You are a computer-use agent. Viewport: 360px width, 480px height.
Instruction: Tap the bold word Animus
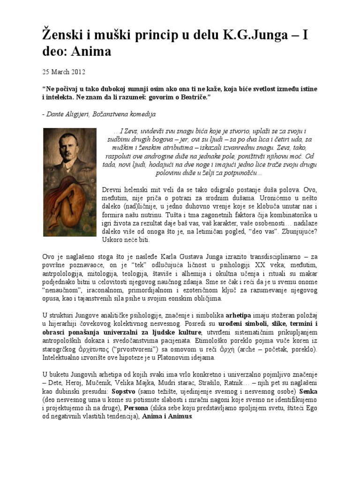pos(179,416)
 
